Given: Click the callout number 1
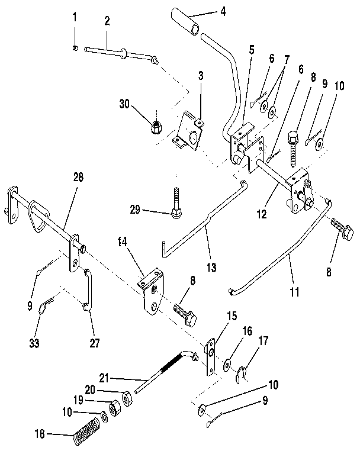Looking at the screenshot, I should (74, 17).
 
